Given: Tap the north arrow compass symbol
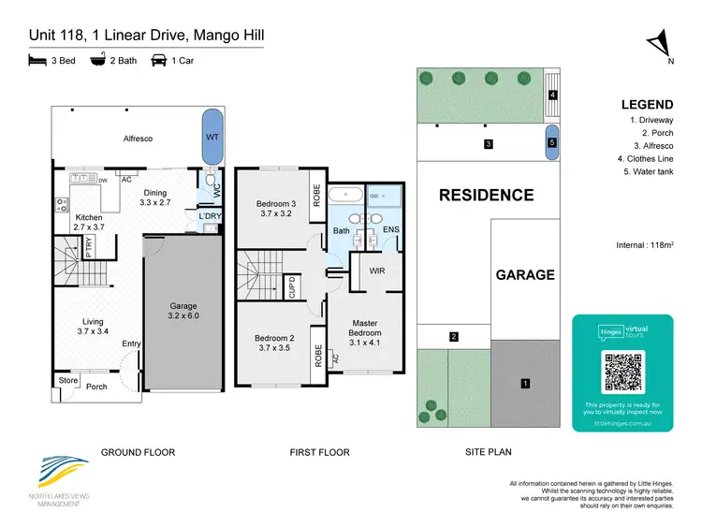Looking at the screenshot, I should click(x=660, y=44).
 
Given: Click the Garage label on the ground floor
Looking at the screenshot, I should click(x=183, y=310).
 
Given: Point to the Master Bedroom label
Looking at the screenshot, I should click(x=365, y=327).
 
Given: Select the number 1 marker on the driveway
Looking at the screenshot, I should click(x=525, y=383).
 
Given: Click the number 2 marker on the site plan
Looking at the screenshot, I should click(x=453, y=336).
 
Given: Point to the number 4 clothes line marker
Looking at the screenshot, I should click(x=553, y=95).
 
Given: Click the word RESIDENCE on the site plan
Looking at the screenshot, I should click(x=487, y=196).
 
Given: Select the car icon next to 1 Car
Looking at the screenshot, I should click(x=159, y=61).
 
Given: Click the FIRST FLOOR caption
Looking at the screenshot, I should click(x=319, y=452).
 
